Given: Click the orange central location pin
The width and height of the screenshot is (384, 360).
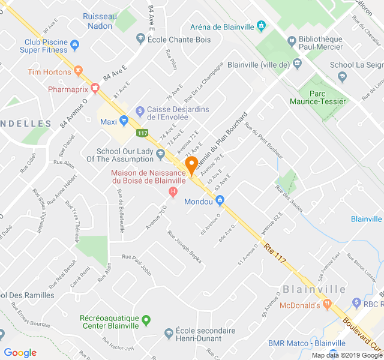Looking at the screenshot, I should point(191,165).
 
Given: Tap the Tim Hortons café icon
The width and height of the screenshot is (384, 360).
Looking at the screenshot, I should point(78,72).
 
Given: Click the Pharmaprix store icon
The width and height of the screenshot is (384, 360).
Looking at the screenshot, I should point(95,89).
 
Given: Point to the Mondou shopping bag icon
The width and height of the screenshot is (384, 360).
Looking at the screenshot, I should point(220,200).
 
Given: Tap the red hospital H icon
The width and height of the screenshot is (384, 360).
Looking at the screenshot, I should point(173,192).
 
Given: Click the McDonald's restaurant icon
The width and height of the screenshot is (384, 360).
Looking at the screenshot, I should point(327,305).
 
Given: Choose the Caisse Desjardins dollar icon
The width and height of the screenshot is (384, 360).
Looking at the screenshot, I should point(140,110).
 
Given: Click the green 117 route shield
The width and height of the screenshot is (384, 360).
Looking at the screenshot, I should point(142,133).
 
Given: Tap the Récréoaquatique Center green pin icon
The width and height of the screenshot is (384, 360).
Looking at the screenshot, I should point(146,320).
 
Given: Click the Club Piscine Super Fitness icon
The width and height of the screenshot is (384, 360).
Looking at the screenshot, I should point(74,44).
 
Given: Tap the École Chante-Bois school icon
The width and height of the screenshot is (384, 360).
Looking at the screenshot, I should point(140,38).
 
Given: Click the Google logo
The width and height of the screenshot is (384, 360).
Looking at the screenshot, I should point(20,352).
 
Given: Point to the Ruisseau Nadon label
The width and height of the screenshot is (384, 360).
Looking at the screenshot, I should point(99,21).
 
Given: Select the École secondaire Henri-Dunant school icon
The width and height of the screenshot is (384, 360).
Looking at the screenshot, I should point(169,333).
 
